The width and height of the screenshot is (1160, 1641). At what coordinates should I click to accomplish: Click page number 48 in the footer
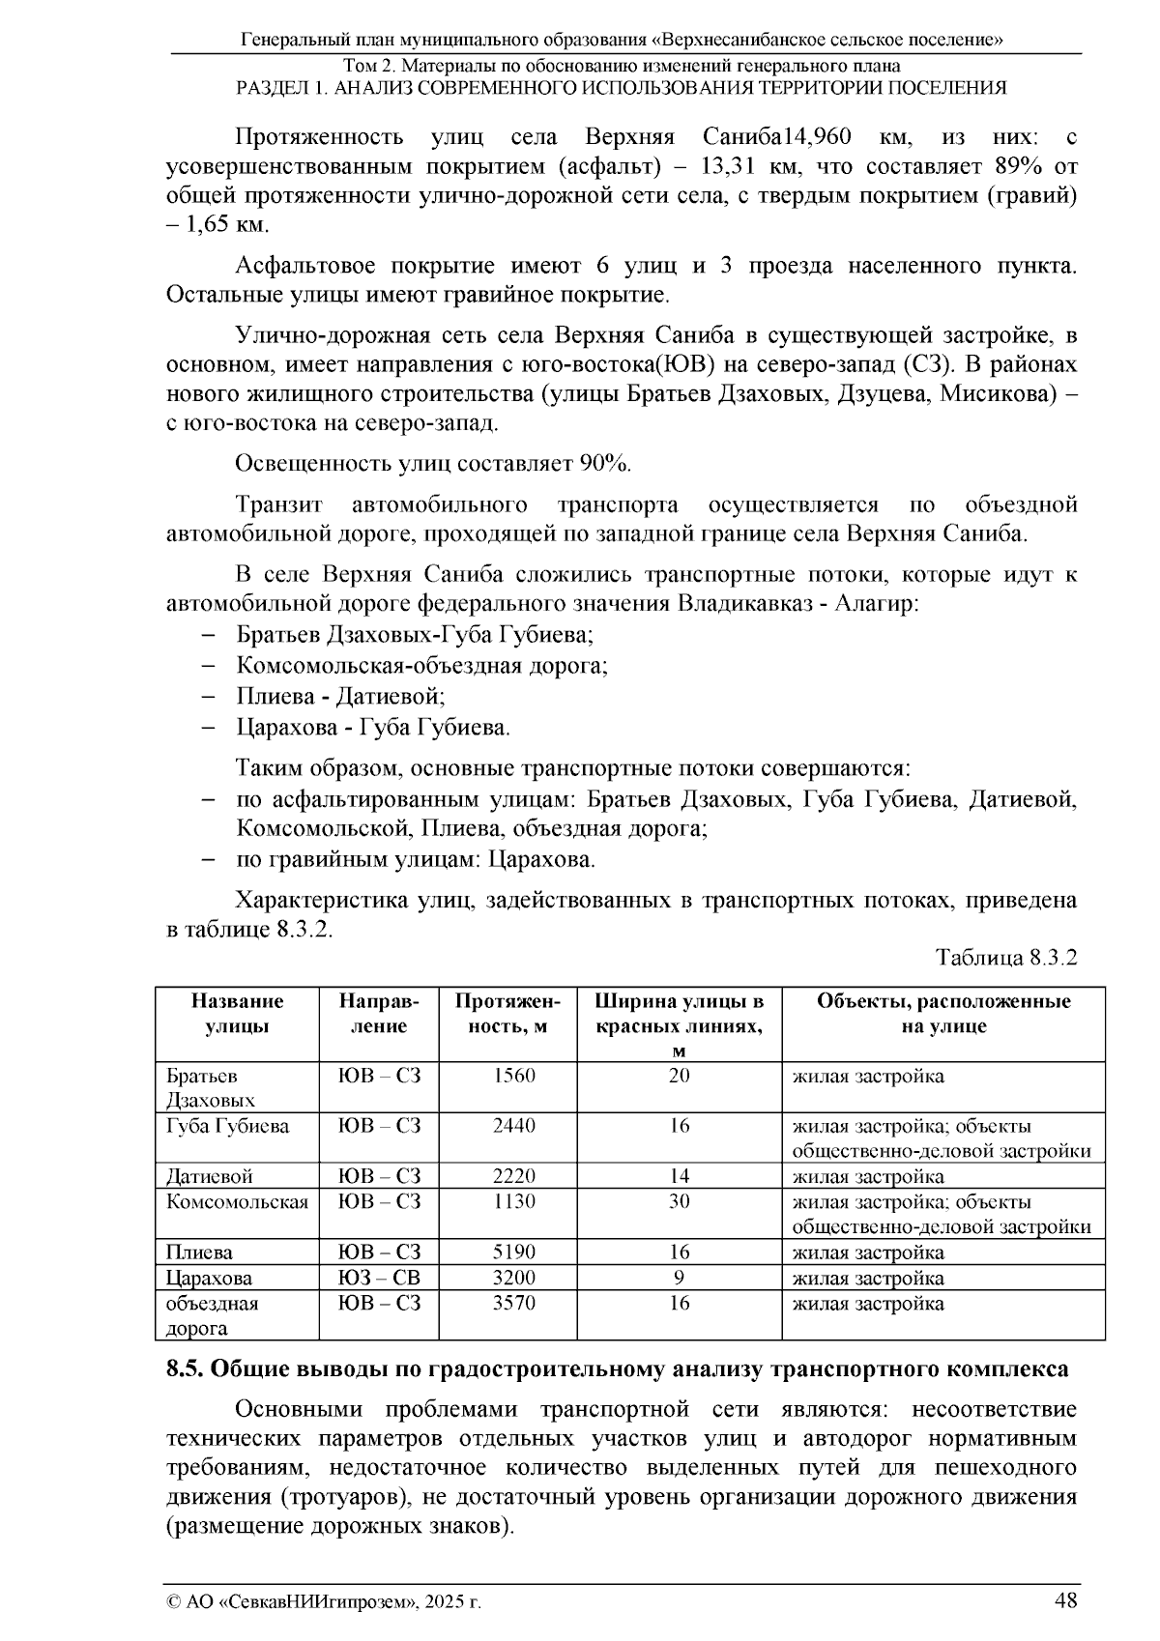(1065, 1600)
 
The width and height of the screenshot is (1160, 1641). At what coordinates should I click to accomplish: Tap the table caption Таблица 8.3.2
(1005, 958)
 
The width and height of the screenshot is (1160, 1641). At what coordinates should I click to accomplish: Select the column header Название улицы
(237, 1013)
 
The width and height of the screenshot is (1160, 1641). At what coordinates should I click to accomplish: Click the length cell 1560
(514, 1076)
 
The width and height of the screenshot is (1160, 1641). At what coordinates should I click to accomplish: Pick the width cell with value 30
(680, 1201)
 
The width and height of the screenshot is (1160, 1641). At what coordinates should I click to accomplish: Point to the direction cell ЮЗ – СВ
(379, 1278)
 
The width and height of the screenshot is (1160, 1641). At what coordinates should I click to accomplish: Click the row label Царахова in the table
(209, 1278)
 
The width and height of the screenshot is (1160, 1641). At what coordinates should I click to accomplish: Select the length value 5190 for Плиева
(514, 1252)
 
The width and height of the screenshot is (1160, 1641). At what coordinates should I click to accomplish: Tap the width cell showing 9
(680, 1278)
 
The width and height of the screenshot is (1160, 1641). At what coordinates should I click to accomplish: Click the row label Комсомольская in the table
(237, 1202)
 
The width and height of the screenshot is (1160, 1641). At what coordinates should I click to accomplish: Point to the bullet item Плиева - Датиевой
(340, 696)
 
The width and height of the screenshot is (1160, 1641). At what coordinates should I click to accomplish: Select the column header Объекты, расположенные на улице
(942, 1013)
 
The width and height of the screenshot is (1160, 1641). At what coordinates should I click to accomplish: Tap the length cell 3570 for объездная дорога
(514, 1303)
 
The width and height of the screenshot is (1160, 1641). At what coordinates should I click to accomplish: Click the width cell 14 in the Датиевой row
(680, 1176)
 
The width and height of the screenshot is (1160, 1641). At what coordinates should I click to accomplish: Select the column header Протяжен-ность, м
(507, 1013)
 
